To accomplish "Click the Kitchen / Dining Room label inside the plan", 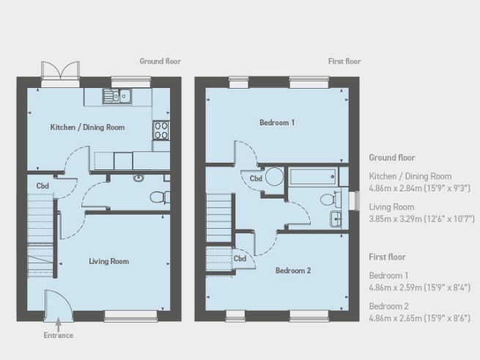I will click(87, 128).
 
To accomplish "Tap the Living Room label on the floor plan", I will click(109, 261).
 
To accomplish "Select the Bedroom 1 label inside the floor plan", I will click(277, 122).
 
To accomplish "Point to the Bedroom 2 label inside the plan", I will click(293, 271).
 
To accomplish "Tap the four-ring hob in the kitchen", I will click(160, 131).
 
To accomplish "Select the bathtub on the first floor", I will click(311, 177).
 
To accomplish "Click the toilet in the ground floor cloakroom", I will click(157, 196).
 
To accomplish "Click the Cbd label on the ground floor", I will click(43, 186).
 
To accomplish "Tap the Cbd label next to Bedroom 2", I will click(240, 258).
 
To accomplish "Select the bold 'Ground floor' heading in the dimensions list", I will click(392, 158).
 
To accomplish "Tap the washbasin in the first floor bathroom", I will click(335, 218).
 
